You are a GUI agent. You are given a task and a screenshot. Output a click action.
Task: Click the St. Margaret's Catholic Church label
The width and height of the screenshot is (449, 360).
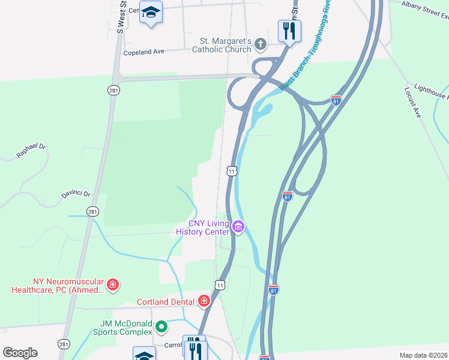click(221, 46)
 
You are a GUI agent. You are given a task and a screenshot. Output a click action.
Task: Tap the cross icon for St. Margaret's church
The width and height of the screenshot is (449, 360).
click(260, 43)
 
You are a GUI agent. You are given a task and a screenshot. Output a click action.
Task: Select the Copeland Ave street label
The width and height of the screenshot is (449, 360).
click(143, 52)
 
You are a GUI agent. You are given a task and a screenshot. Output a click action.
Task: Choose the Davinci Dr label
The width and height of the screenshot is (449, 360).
click(75, 194)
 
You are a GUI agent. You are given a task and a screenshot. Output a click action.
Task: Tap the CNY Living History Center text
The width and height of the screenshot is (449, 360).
click(202, 228)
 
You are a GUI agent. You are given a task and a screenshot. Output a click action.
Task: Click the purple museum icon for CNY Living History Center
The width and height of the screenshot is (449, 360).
click(238, 227)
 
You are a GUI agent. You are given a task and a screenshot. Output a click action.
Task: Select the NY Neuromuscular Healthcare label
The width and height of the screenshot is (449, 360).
click(58, 286)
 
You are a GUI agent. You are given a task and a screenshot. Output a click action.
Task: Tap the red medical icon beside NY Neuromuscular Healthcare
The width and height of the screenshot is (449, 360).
click(112, 283)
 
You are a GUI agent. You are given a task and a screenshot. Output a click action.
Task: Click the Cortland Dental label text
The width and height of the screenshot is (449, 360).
click(165, 302)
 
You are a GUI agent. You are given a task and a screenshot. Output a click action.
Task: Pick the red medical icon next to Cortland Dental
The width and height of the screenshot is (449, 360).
click(203, 301)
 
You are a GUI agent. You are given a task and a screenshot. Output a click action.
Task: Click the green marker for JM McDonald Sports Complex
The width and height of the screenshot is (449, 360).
click(161, 327)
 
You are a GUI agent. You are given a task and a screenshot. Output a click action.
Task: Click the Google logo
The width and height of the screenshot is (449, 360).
click(20, 353)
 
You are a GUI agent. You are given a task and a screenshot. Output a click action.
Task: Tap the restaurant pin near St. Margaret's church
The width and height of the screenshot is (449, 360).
click(289, 30)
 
